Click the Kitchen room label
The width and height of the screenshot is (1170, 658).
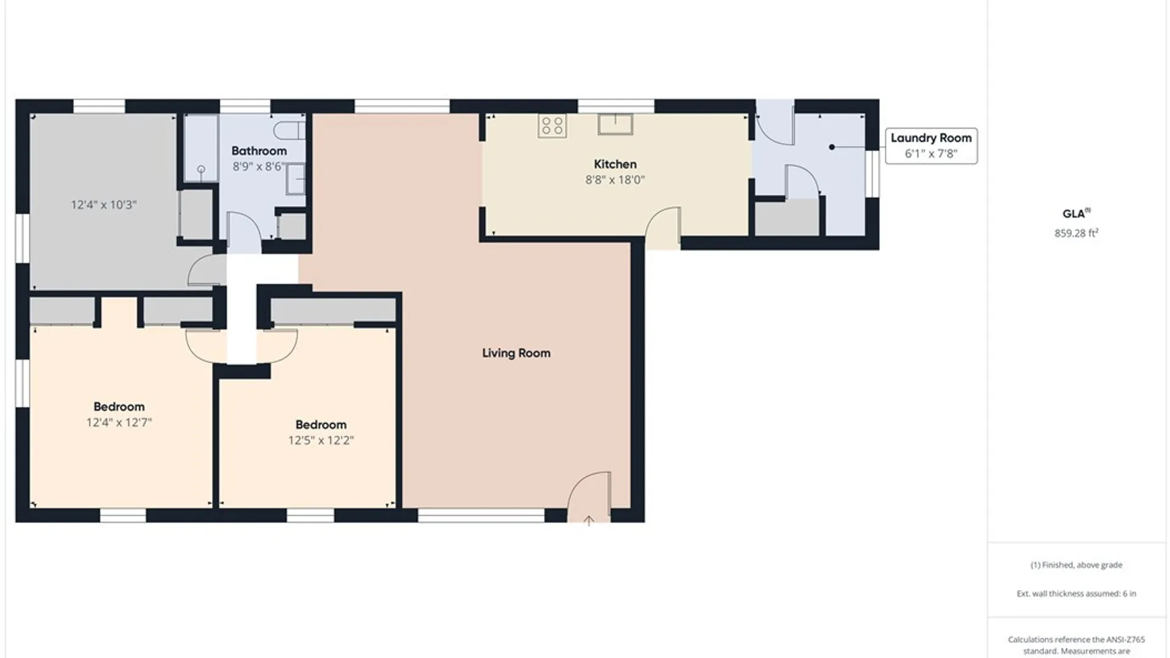(615, 164)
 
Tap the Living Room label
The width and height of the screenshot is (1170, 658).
(516, 353)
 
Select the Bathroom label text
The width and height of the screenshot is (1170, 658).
(259, 150)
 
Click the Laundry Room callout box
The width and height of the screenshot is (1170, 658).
(931, 146)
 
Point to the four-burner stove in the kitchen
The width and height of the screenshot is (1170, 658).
(552, 126)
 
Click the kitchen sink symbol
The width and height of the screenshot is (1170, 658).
(615, 124)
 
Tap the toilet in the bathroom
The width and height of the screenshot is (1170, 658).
(289, 130)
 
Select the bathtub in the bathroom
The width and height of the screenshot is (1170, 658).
(201, 148)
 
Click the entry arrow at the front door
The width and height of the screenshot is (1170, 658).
(589, 521)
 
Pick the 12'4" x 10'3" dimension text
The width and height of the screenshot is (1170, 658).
(104, 205)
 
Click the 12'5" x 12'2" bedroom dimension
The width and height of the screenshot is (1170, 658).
(321, 440)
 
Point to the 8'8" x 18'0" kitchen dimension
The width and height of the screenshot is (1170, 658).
(615, 180)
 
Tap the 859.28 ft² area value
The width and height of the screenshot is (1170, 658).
(1076, 233)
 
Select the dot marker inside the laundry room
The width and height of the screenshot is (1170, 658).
(832, 147)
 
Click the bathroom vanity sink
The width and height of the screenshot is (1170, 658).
(296, 178)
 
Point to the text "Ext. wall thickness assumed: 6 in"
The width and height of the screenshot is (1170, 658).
(1076, 593)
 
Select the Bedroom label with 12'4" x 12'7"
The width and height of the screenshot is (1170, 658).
(119, 406)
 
